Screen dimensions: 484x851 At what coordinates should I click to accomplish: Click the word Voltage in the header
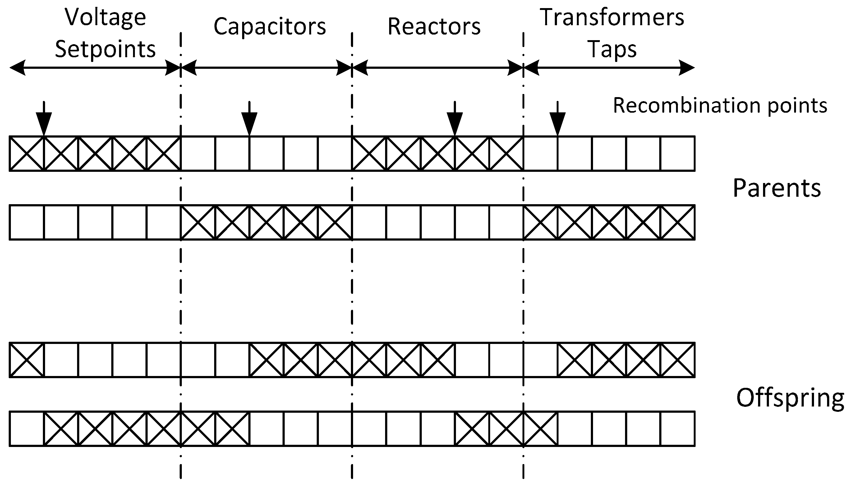(x=105, y=17)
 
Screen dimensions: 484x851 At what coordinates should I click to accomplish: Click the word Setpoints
(x=105, y=49)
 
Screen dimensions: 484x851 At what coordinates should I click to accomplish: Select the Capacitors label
(x=269, y=26)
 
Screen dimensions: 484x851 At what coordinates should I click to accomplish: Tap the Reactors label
(x=434, y=26)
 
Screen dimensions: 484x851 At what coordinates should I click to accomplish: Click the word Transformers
(x=612, y=17)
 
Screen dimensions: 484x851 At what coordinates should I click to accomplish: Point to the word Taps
(x=612, y=49)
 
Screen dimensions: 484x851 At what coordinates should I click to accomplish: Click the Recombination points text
(x=720, y=106)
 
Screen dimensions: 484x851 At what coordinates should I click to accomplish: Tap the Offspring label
(x=790, y=398)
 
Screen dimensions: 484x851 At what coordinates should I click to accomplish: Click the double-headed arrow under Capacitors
(x=266, y=68)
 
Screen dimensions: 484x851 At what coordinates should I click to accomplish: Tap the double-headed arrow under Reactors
(x=437, y=68)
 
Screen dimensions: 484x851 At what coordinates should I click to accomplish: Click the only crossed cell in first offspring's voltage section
(x=26, y=360)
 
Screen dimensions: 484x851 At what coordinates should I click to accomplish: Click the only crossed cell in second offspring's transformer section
(x=540, y=429)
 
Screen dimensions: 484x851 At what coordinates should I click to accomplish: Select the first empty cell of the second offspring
(x=26, y=429)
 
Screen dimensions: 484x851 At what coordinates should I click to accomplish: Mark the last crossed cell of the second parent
(x=678, y=222)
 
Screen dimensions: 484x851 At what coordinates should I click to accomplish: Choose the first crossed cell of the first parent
(x=26, y=153)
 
